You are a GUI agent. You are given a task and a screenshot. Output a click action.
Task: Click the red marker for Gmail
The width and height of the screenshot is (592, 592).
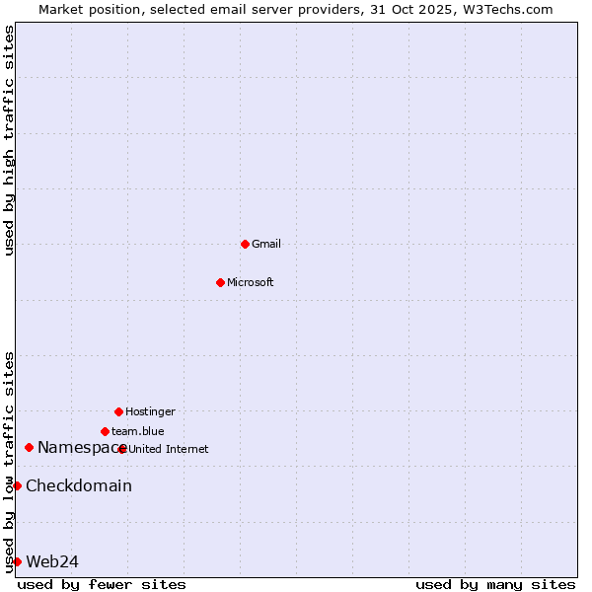coord(245,244)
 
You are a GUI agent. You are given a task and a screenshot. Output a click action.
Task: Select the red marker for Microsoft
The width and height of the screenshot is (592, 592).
coord(220,282)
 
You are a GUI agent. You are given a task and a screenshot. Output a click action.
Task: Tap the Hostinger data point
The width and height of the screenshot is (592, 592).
coord(118,411)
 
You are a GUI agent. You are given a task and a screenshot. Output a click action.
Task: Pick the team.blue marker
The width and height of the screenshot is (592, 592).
coord(105,431)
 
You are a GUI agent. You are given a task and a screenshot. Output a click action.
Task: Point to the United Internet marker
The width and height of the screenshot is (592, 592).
coord(122,449)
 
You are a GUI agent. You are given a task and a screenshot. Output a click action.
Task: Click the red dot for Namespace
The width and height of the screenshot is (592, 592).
coord(29,448)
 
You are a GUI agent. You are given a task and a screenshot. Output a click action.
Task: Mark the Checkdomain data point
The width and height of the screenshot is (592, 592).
coord(17,485)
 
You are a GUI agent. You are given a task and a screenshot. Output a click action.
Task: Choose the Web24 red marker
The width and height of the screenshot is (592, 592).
coord(17,561)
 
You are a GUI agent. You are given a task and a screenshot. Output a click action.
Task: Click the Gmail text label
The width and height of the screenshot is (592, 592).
coord(266,244)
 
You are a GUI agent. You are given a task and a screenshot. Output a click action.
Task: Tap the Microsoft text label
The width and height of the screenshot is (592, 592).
coord(251,282)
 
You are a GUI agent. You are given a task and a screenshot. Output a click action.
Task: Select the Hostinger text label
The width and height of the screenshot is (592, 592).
coord(150,411)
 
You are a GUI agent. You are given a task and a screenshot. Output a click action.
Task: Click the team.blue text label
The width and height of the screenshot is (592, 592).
coord(138,431)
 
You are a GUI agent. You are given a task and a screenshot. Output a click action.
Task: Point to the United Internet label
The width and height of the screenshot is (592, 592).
coord(169,449)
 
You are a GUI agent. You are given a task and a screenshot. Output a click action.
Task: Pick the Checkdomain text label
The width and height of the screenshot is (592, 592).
coord(79,485)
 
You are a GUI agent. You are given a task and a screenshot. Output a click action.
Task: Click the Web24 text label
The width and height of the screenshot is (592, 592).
coord(52,561)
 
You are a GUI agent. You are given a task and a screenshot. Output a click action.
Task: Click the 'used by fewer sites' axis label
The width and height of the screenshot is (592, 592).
coord(102,585)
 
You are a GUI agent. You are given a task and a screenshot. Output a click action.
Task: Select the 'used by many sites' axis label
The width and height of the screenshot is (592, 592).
coord(495,585)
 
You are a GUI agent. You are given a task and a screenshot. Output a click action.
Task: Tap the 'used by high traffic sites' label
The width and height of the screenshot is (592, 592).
coord(9,140)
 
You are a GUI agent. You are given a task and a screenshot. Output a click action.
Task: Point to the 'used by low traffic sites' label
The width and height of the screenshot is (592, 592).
coord(9,462)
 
